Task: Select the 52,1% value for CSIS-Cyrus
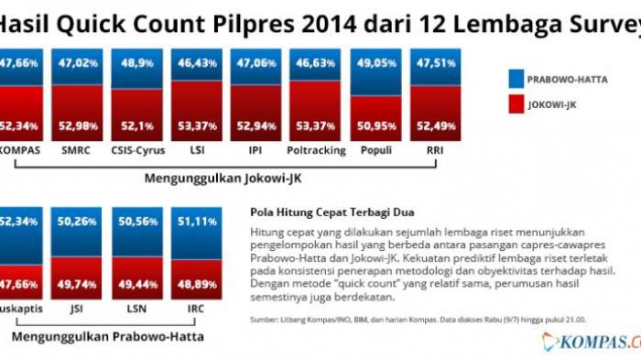coord(136,125)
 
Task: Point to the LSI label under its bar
coord(197,149)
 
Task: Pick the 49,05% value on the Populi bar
coord(376,65)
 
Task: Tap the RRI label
coord(436,149)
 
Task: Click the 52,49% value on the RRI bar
coord(436,125)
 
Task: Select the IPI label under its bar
coord(256,149)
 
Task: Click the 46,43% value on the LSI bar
coord(197,65)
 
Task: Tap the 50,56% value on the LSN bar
coord(136,221)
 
